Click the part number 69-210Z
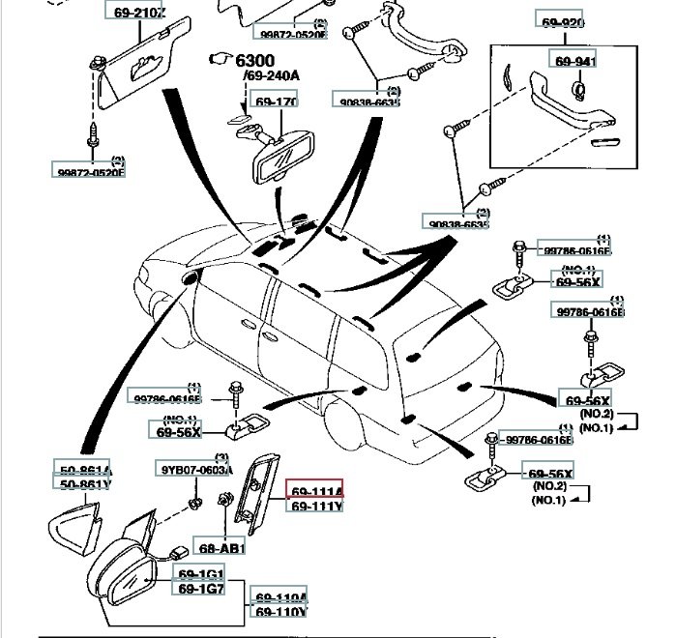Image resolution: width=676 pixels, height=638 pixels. pyautogui.click(x=134, y=12)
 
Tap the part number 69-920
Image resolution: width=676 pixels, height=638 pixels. pyautogui.click(x=561, y=21)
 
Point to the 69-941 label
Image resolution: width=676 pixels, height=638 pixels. pyautogui.click(x=574, y=62)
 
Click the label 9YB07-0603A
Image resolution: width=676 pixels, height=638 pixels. pyautogui.click(x=198, y=470)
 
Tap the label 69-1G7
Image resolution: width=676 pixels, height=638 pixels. pyautogui.click(x=199, y=589)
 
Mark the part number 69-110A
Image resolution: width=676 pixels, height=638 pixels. pyautogui.click(x=279, y=596)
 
